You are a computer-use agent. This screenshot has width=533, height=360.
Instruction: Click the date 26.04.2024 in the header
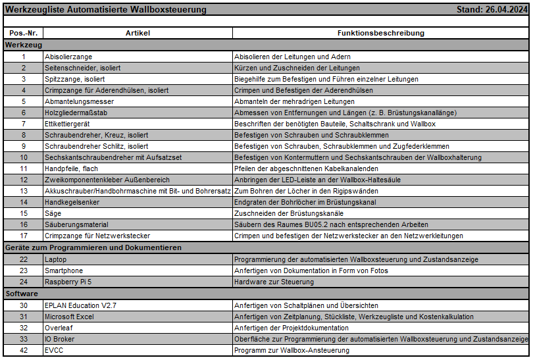tap(506, 10)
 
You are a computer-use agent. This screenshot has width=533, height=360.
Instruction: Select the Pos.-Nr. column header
tap(23, 33)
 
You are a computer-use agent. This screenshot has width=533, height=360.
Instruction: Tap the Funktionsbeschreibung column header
tap(380, 33)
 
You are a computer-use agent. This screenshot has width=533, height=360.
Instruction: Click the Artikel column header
tap(138, 33)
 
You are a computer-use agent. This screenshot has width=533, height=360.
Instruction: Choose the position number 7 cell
tap(23, 124)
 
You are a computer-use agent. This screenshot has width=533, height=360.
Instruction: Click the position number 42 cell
tap(23, 350)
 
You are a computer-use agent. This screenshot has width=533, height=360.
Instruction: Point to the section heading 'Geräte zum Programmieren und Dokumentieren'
tap(93, 247)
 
